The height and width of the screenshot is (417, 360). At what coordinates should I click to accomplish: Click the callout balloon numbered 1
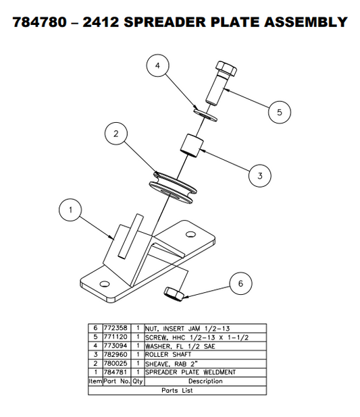(x=69, y=211)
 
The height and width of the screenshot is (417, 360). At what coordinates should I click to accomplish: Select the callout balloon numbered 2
(x=116, y=134)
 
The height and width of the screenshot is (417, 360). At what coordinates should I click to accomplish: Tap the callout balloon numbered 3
(x=259, y=177)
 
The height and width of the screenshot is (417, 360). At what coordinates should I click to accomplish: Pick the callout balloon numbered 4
(x=157, y=66)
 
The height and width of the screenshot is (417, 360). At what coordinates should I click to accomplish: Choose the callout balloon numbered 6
(x=240, y=283)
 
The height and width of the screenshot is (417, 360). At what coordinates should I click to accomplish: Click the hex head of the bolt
(x=225, y=70)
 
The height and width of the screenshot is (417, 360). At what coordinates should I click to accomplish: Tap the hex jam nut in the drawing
(x=173, y=293)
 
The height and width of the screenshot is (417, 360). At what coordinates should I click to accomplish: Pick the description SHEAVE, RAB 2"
(x=168, y=362)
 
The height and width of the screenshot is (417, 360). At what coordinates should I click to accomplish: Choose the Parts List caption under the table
(x=176, y=389)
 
